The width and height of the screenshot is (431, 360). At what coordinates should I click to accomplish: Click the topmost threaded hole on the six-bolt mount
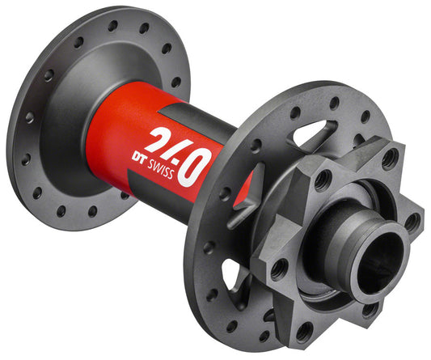pyautogui.click(x=389, y=159)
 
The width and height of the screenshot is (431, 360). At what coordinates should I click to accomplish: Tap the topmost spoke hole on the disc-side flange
pyautogui.click(x=333, y=104)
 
